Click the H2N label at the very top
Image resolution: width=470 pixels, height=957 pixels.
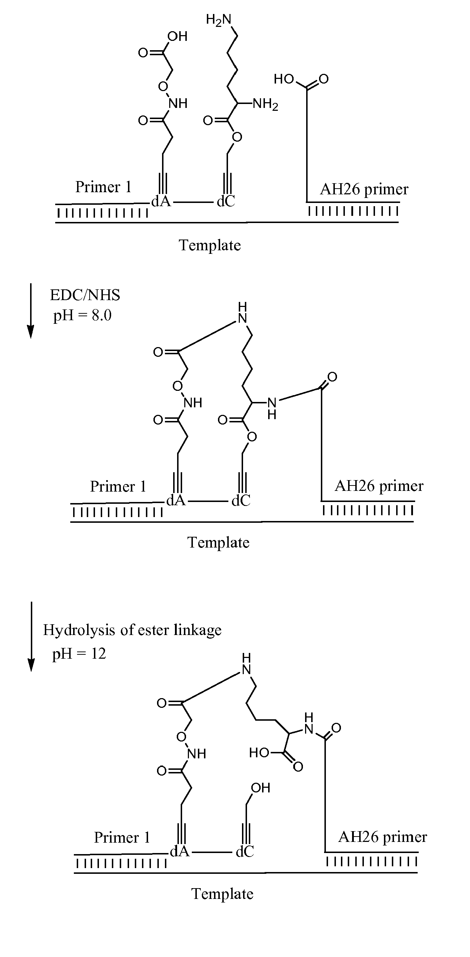coord(218,20)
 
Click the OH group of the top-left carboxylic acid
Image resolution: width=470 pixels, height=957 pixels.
coord(177,37)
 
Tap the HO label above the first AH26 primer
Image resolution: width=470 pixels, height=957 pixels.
coord(284,79)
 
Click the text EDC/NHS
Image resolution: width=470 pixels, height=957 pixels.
coord(85,295)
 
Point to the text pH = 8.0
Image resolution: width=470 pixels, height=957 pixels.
coord(82,316)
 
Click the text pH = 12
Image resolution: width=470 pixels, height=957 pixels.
coord(79,654)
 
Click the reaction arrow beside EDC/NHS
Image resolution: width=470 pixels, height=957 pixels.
coord(31,311)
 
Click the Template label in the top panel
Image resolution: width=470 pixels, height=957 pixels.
coord(210,245)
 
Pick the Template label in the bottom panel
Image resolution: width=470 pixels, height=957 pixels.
coord(222,894)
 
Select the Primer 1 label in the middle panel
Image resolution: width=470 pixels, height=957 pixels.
coord(118,486)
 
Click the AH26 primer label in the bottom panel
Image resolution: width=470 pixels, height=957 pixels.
coord(382,837)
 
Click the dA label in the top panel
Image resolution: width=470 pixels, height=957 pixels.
coord(161,201)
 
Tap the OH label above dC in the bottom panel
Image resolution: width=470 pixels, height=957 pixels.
coord(260,788)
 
